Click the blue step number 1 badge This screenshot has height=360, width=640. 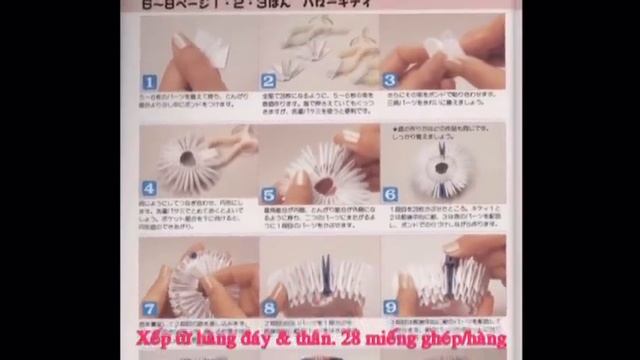point(148,81)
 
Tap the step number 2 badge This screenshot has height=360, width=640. point(268,81)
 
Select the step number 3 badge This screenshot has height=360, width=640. point(390,81)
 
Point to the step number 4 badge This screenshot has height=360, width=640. point(148,188)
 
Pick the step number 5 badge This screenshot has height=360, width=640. point(269,194)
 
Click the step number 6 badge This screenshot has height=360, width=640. point(390,194)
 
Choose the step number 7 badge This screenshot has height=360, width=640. point(149,309)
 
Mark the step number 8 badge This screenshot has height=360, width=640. point(269,309)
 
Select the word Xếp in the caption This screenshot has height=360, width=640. point(156,338)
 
